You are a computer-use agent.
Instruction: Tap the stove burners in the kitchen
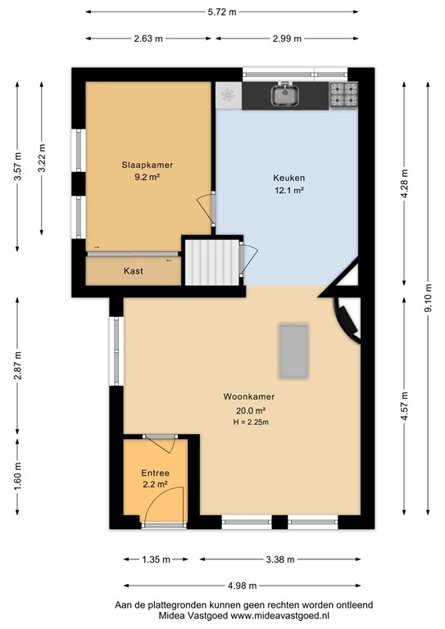coord(343,96)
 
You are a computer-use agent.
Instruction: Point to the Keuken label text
coord(288,179)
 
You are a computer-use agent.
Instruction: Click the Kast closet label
coord(134,271)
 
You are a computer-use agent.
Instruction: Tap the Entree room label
coord(155,473)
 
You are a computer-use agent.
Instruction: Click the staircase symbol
coord(208,260)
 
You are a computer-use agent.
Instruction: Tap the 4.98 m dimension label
coord(241,586)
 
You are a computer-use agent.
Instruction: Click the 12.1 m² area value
coord(288,190)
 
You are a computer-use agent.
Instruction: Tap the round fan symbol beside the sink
coord(228,97)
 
